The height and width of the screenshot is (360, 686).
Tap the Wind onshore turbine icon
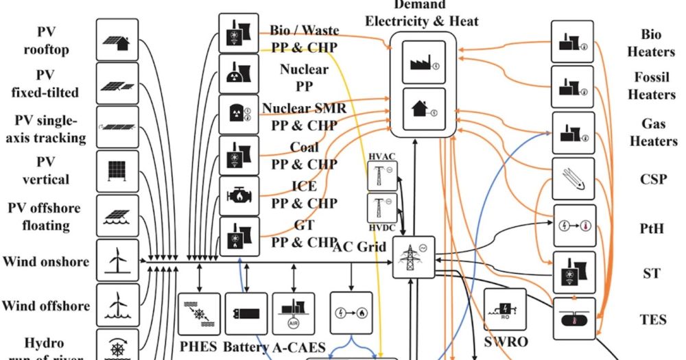[117, 261]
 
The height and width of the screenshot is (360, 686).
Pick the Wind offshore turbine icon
[117, 304]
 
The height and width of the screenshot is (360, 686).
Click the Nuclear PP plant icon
[239, 74]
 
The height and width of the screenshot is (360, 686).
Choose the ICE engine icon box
[239, 196]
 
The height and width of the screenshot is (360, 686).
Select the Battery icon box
[246, 314]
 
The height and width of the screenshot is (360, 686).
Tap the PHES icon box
[200, 314]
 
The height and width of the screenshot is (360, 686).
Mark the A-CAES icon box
[294, 314]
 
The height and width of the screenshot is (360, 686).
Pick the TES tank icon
[574, 318]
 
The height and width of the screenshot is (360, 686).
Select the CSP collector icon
[574, 179]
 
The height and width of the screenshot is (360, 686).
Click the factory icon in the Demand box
[423, 63]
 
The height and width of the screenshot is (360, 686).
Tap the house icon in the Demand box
[423, 108]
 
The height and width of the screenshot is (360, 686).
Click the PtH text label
[652, 228]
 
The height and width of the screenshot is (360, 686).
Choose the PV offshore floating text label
[44, 216]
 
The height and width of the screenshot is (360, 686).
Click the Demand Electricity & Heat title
[421, 14]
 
